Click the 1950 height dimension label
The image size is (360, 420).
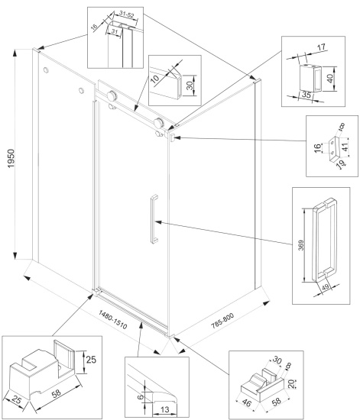11,159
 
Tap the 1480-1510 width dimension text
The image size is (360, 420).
113,319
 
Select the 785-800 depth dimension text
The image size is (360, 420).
222,321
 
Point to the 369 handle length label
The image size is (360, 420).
301,245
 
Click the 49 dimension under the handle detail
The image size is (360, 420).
325,288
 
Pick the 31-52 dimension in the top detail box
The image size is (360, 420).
127,15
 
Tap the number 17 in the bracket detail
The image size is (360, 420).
321,47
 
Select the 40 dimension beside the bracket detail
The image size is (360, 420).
330,78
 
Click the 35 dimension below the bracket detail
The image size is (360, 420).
306,95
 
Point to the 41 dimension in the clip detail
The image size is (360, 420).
345,147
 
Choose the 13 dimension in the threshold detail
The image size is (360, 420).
165,409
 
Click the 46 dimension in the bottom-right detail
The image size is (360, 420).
247,402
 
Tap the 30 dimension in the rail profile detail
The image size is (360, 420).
190,86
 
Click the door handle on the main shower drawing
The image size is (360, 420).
154,219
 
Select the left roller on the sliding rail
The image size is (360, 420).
112,95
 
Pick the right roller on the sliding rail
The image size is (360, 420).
159,123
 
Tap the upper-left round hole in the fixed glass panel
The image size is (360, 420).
46,70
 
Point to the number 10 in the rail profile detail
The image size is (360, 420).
154,79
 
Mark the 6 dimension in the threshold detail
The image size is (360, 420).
140,396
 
